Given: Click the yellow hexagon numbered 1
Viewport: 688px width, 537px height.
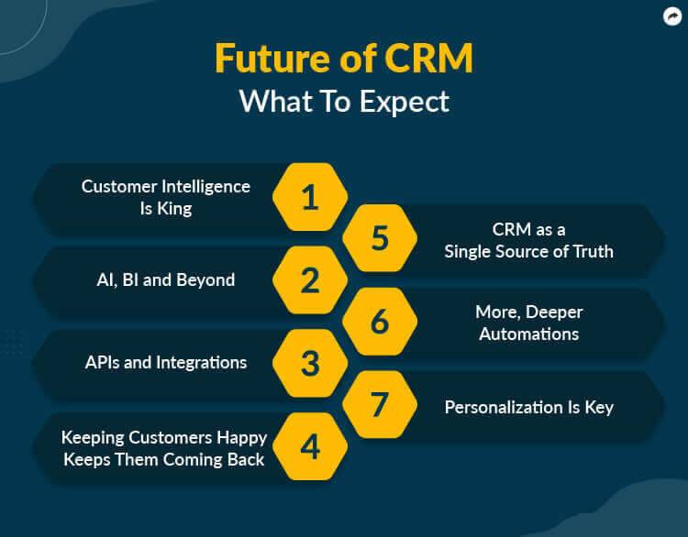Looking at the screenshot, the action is pos(310,197).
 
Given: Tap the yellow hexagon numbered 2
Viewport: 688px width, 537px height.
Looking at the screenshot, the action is pos(310,280).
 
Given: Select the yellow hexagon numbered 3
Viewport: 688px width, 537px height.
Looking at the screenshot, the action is pos(310,363).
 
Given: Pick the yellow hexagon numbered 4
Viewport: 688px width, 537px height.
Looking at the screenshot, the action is pos(310,446).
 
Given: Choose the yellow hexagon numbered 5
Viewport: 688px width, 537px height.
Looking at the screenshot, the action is pos(380,238).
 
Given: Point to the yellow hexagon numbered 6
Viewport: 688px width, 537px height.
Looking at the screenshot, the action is pos(380,322).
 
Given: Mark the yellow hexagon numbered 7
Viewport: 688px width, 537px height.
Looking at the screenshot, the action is pos(380,404).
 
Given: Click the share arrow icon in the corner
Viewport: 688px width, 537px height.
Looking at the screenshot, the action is pos(672,17).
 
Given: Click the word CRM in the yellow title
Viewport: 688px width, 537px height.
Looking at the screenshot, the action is pos(429,58).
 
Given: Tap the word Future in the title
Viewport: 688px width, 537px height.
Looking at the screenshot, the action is pos(272,58).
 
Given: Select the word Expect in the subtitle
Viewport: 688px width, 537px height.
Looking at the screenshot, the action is pos(405,103).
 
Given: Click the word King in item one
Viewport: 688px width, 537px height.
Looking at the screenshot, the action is pos(174,209).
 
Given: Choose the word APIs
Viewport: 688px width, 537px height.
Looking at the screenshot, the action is pos(102,363).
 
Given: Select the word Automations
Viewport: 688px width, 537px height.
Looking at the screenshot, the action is pos(528,334).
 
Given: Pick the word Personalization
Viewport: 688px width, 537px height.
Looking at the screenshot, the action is pos(504,407).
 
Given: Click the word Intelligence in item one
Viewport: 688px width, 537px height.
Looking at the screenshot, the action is pos(205,187).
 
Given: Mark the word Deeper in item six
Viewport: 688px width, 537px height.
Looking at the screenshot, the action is pos(554,312).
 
